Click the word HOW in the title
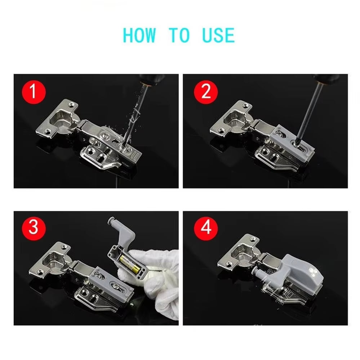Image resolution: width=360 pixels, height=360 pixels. pyautogui.click(x=139, y=35)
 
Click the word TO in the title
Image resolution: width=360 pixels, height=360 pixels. pyautogui.click(x=179, y=35)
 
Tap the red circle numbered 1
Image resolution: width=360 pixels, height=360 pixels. pyautogui.click(x=33, y=92)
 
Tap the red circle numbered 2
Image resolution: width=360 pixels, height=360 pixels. pyautogui.click(x=206, y=92)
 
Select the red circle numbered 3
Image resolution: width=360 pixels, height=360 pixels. pyautogui.click(x=33, y=228)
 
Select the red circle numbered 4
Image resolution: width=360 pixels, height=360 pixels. pyautogui.click(x=206, y=228)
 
